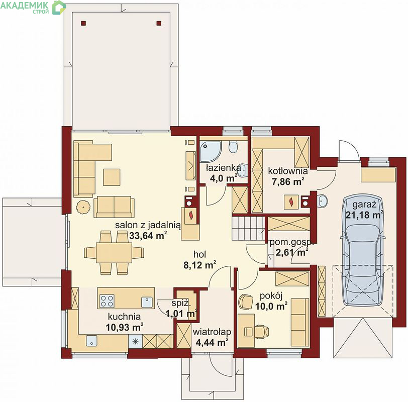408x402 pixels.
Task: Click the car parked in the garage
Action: (363, 250)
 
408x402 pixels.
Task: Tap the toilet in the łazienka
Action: (233, 146)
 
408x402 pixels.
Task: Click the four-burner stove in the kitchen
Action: (107, 301)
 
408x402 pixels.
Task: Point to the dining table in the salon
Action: (114, 253)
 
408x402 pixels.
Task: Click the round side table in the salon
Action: (83, 207)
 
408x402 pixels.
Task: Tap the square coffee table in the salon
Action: (112, 177)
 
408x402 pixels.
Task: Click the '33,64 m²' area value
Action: (148, 236)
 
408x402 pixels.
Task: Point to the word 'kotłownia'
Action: (288, 171)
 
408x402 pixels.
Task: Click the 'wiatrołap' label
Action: (212, 332)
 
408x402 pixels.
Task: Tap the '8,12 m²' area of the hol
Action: (199, 265)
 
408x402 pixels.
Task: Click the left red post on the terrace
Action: (83, 23)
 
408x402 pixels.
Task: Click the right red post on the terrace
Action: (159, 23)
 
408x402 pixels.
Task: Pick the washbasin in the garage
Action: (323, 201)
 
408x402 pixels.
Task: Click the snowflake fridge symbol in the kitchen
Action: (135, 341)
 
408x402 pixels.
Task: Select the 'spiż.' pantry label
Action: (181, 303)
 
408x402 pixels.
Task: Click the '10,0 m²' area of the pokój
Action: (271, 306)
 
